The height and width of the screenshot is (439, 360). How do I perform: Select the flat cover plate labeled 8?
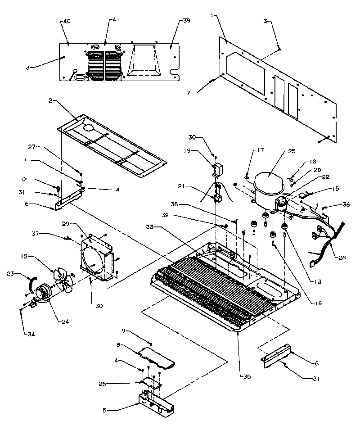[x=156, y=356]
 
